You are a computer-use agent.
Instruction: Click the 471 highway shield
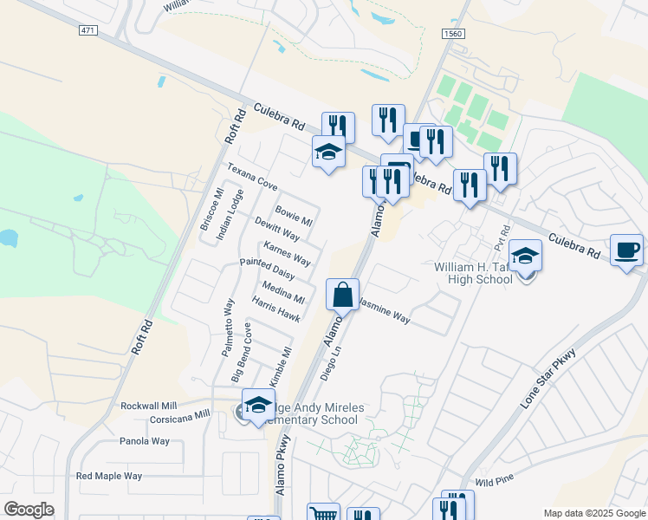[87, 30]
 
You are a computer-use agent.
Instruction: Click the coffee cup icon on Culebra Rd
[626, 251]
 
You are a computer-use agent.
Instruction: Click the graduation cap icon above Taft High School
[525, 257]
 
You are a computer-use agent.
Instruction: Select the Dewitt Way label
[277, 229]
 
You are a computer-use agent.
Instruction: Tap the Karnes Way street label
[287, 254]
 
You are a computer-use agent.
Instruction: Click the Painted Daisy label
[267, 269]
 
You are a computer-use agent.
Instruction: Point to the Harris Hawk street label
[275, 310]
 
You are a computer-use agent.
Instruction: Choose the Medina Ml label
[282, 293]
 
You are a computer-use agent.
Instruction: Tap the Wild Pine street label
[496, 479]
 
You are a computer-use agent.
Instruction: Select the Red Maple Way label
[109, 476]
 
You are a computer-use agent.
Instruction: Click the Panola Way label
[144, 441]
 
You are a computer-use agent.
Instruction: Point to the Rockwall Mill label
[148, 406]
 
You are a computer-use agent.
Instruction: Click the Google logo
[29, 510]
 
